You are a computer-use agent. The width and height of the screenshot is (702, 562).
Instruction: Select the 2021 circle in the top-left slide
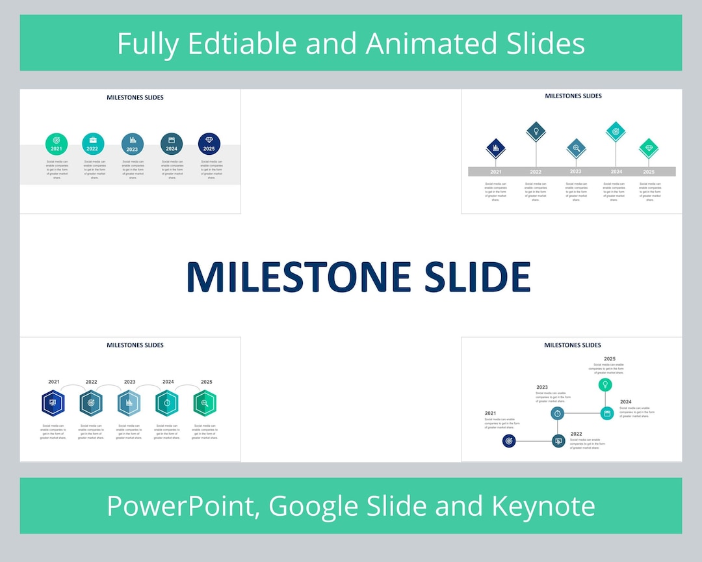click(x=57, y=144)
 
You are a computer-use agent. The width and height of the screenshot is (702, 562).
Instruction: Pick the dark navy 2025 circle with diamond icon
click(x=209, y=144)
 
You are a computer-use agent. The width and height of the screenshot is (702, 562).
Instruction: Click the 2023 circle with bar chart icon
click(x=133, y=144)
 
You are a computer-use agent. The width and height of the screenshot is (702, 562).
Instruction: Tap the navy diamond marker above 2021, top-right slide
click(x=496, y=148)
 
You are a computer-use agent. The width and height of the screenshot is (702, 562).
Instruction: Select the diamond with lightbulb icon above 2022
click(x=536, y=131)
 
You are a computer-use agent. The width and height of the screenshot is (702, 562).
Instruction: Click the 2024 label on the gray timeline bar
click(x=616, y=172)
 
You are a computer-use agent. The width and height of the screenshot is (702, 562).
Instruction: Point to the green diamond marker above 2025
click(x=649, y=148)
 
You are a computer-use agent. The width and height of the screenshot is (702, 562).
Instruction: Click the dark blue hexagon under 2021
click(x=53, y=403)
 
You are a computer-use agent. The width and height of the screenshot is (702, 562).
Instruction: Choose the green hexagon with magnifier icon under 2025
click(x=205, y=403)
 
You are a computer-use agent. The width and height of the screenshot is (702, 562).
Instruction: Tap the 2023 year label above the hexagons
click(x=129, y=382)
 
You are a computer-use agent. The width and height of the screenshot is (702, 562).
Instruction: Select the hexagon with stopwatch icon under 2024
click(x=167, y=403)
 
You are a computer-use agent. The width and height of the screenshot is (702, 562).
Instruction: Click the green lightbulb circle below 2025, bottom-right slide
click(x=605, y=384)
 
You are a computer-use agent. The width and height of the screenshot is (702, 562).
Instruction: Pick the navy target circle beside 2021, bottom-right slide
click(x=509, y=441)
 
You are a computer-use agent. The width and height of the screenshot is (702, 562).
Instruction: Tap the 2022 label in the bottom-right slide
click(x=576, y=433)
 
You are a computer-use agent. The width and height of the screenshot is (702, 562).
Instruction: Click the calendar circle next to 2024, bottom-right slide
click(x=607, y=413)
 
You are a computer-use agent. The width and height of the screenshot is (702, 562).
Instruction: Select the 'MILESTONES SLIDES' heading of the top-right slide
click(x=573, y=96)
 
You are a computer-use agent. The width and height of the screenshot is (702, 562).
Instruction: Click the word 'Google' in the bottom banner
click(x=311, y=505)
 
